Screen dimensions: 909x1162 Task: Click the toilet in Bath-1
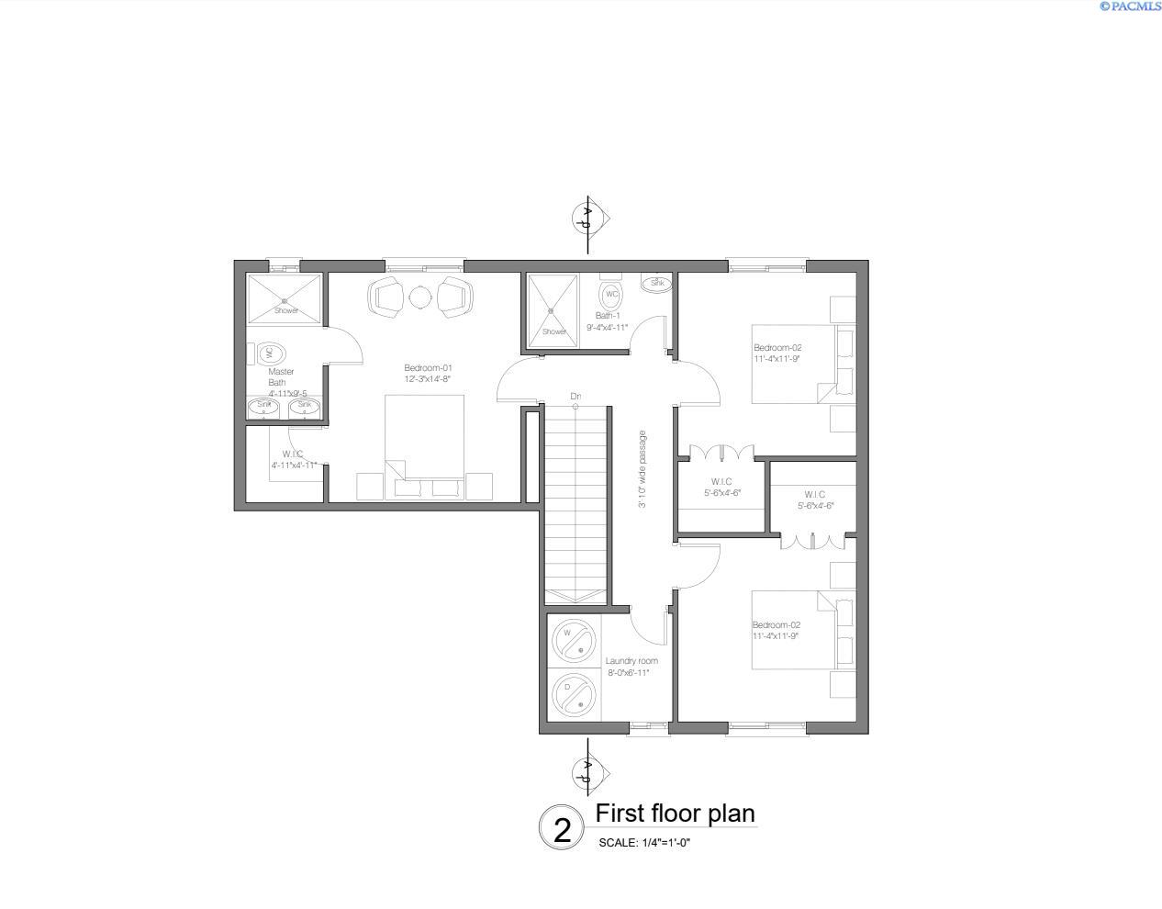tap(610, 295)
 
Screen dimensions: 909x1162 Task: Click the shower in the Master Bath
tap(285, 299)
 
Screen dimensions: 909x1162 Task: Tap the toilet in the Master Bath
tap(271, 353)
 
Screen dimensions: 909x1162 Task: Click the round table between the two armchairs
tap(419, 297)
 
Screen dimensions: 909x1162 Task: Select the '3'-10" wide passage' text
tap(642, 468)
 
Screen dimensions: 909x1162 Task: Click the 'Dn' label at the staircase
tap(575, 397)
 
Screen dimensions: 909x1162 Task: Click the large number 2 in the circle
tap(562, 830)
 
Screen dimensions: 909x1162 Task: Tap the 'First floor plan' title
tap(675, 814)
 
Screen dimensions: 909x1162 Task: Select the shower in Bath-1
tap(553, 310)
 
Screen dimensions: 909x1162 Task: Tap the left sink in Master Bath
tap(264, 407)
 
